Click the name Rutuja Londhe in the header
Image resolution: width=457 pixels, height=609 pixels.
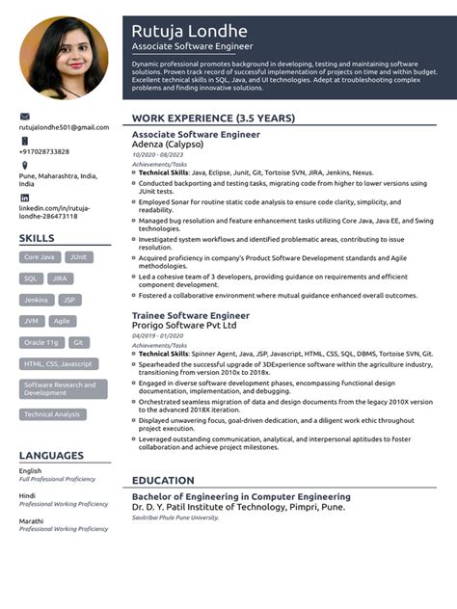point(189,31)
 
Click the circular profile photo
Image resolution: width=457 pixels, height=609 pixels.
point(65,57)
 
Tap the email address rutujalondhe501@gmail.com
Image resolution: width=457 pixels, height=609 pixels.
point(64,127)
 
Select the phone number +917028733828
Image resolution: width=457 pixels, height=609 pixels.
point(44,151)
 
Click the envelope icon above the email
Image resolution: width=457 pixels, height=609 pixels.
point(24,116)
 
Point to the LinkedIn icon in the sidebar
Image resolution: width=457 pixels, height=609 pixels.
point(24,198)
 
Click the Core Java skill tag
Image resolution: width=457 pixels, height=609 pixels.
point(40,257)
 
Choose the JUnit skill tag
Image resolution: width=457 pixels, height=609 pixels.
point(79,257)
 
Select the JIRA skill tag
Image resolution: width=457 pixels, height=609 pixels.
point(60,278)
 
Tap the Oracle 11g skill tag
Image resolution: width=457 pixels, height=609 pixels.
point(41,342)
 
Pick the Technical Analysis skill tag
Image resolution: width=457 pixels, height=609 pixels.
point(52,414)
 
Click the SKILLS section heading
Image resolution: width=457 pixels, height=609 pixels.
point(37,237)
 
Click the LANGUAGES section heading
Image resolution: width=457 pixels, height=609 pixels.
point(50,455)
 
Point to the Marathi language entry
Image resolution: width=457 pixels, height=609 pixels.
point(31,519)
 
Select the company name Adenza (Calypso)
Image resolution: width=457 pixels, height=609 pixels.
point(168,144)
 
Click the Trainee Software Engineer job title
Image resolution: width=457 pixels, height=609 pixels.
point(190,315)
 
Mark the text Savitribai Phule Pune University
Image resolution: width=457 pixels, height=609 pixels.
point(175,517)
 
